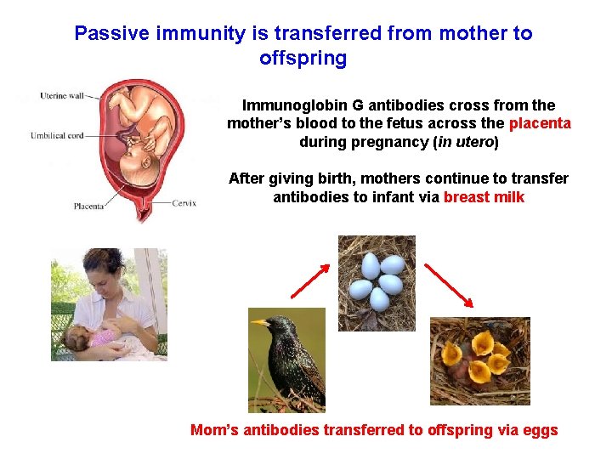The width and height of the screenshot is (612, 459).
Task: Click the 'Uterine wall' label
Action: point(61,96)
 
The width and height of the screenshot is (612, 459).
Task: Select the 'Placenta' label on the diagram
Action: point(89,205)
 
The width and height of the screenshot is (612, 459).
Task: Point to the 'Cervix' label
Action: point(183,203)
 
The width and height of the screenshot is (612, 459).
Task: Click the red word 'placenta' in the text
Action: point(540,124)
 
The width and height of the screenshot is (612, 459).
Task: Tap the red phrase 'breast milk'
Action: point(484,197)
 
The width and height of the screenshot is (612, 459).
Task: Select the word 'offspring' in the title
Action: point(303,59)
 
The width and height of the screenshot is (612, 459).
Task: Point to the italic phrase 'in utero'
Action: point(466,142)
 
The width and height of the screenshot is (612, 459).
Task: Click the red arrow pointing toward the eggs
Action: point(310,281)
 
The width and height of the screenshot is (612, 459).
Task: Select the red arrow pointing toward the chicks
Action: point(449,286)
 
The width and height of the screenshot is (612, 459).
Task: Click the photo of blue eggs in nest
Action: point(377,282)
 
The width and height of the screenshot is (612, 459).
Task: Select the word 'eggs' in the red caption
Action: point(540,430)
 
